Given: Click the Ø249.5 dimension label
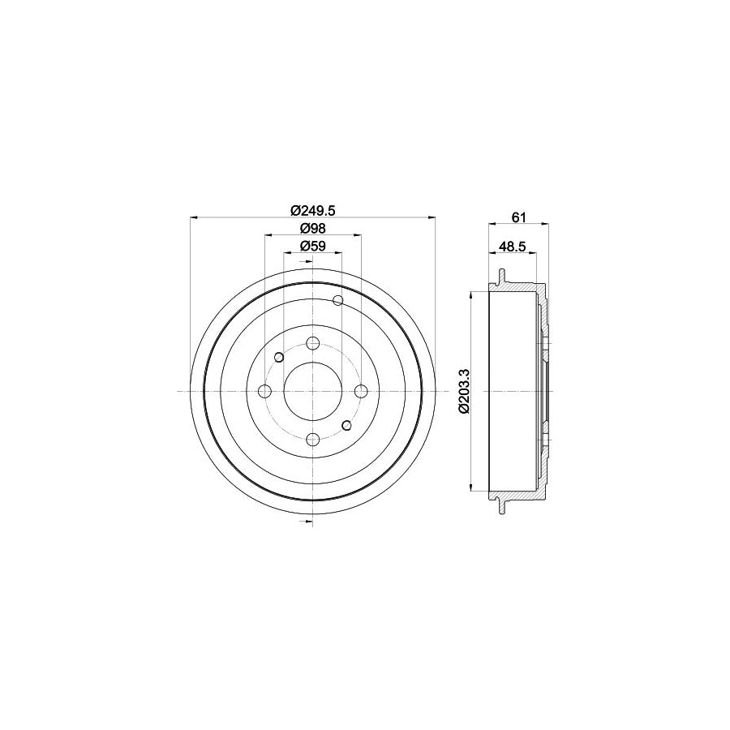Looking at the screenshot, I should (312, 209).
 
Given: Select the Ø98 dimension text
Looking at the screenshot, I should (312, 228).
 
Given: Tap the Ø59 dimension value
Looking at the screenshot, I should (312, 246).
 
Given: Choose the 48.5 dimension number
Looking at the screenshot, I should (513, 246).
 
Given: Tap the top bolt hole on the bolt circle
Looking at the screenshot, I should (312, 343).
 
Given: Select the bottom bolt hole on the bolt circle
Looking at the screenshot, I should (312, 440).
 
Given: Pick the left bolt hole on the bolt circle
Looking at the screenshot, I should (264, 392).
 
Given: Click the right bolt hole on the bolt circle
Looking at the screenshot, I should (360, 392).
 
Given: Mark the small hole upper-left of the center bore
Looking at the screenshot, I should (279, 357).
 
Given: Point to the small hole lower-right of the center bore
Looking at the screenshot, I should (346, 425).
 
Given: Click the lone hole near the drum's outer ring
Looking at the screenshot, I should (338, 302).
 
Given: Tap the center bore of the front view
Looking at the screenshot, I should (312, 392).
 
